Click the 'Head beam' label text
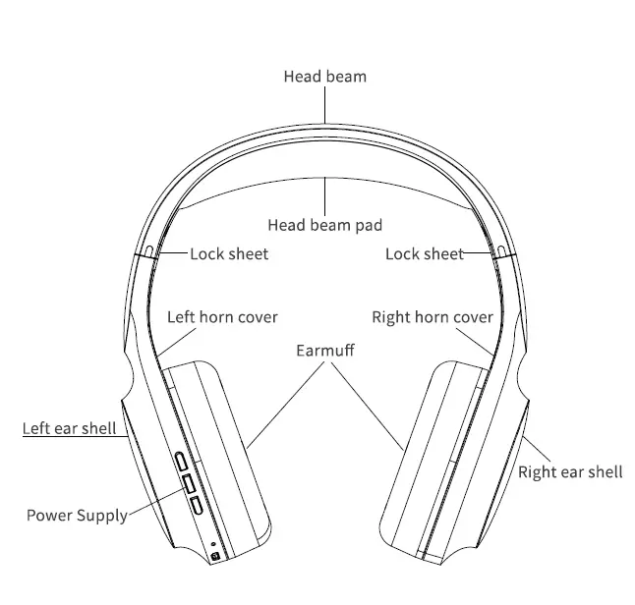pyautogui.click(x=325, y=76)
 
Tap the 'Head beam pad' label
pyautogui.click(x=324, y=225)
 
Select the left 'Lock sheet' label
pyautogui.click(x=229, y=254)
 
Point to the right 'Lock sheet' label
pyautogui.click(x=424, y=254)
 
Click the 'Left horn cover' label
pyautogui.click(x=222, y=317)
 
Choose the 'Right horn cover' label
pyautogui.click(x=433, y=317)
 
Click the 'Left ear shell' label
pyautogui.click(x=70, y=428)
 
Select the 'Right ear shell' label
pyautogui.click(x=570, y=472)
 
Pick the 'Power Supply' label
pyautogui.click(x=77, y=515)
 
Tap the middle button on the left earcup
pyautogui.click(x=188, y=483)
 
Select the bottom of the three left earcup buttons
pyautogui.click(x=195, y=506)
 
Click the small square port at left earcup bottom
pyautogui.click(x=215, y=558)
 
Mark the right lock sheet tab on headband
pyautogui.click(x=501, y=251)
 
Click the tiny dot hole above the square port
pyautogui.click(x=212, y=543)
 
